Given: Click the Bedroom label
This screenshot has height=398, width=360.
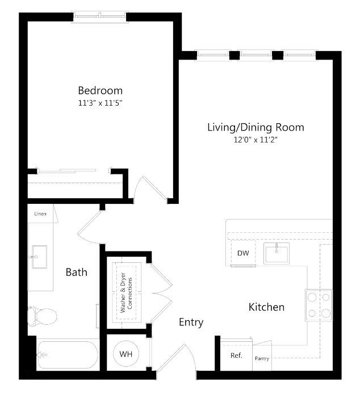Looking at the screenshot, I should [100, 90].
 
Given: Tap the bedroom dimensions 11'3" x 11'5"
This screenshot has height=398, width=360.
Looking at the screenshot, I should [100, 103].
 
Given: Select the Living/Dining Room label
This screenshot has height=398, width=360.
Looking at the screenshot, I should [255, 127].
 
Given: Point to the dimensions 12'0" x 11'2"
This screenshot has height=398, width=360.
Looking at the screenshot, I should [255, 139].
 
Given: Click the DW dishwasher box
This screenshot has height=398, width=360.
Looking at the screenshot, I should [243, 253].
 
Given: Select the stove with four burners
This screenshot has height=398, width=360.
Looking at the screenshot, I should [319, 305].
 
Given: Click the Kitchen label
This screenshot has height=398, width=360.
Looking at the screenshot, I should [266, 307].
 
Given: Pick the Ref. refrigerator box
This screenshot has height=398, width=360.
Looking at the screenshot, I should [236, 356].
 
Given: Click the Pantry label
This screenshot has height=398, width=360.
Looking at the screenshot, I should [262, 358].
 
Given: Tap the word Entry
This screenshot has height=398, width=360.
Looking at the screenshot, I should [191, 322].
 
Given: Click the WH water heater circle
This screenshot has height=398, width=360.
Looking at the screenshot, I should [125, 354].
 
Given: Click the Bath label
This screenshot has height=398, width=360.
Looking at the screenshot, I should [76, 273].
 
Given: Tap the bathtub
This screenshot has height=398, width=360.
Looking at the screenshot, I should [67, 355].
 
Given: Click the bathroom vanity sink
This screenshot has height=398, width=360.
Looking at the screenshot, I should [40, 257].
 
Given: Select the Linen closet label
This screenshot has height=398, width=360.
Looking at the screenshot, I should [40, 213].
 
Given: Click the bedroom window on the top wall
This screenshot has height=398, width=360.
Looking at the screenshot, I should [101, 16].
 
